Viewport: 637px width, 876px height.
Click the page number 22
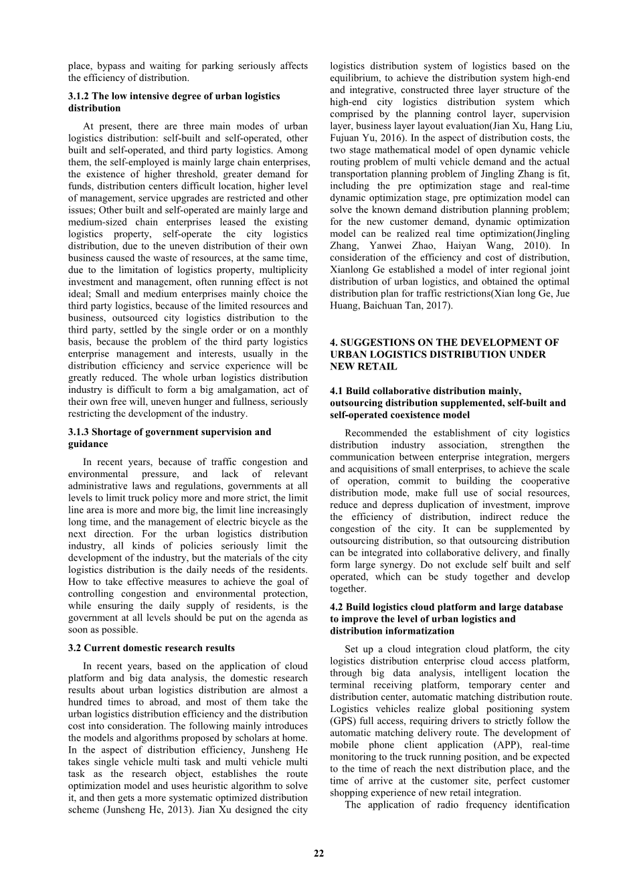pos(318,853)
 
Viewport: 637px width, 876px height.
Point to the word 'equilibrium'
pos(357,78)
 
